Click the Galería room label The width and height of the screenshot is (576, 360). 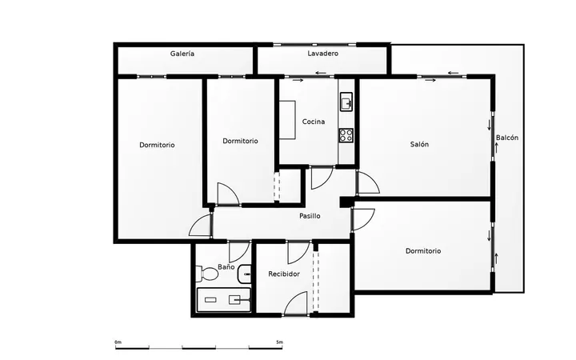(x=182, y=54)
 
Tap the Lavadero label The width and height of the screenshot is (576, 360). (x=323, y=54)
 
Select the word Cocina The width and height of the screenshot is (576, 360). (x=314, y=122)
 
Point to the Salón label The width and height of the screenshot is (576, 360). (x=419, y=144)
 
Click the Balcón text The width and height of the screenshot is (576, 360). (x=507, y=138)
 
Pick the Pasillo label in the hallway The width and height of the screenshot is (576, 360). (x=310, y=216)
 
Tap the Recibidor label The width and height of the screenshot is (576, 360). (x=284, y=274)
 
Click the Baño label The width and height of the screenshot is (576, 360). (x=226, y=267)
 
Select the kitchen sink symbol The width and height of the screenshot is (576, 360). (x=346, y=102)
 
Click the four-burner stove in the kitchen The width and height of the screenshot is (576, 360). (x=346, y=135)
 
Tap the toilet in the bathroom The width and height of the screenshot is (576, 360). (x=207, y=274)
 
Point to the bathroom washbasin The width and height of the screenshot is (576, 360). (x=245, y=274)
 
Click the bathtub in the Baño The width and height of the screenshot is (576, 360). (x=224, y=300)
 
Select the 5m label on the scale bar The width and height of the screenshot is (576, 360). (x=279, y=342)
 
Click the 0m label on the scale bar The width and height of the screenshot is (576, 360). (x=118, y=342)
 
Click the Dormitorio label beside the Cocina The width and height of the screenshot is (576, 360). (x=240, y=141)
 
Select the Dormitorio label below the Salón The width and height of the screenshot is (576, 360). (x=423, y=251)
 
